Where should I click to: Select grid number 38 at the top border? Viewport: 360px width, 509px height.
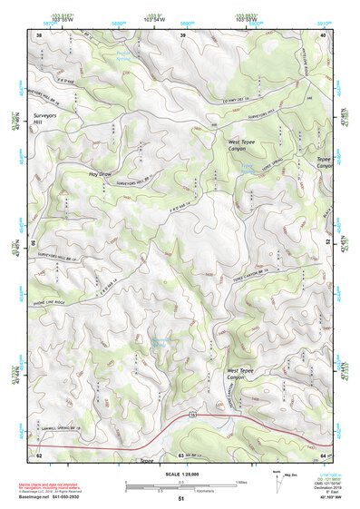click(x=39, y=35)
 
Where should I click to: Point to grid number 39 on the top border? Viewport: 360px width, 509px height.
click(x=182, y=35)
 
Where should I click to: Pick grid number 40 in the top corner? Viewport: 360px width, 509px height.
click(x=324, y=35)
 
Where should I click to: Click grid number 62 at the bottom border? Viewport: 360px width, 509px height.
click(x=39, y=454)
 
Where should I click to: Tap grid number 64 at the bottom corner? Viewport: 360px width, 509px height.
click(x=324, y=454)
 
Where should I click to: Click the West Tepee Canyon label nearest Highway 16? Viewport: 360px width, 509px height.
click(x=246, y=375)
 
